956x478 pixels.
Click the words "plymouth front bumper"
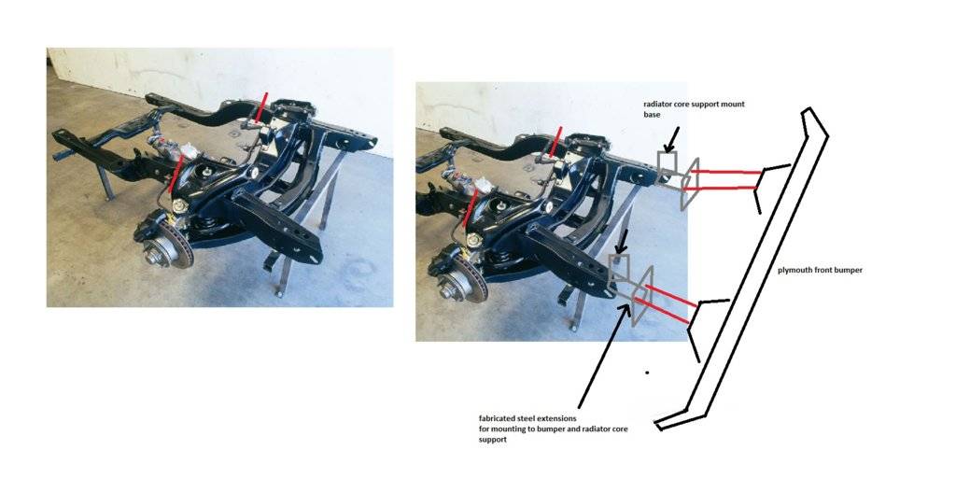(820, 270)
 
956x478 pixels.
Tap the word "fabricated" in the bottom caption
(499, 419)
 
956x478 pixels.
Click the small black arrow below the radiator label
(672, 140)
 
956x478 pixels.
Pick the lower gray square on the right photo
(619, 268)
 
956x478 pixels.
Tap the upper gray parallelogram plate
(689, 184)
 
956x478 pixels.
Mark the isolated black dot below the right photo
(647, 372)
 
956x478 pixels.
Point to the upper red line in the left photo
(261, 108)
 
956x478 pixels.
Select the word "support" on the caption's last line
(493, 440)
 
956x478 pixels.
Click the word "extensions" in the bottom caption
(556, 419)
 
